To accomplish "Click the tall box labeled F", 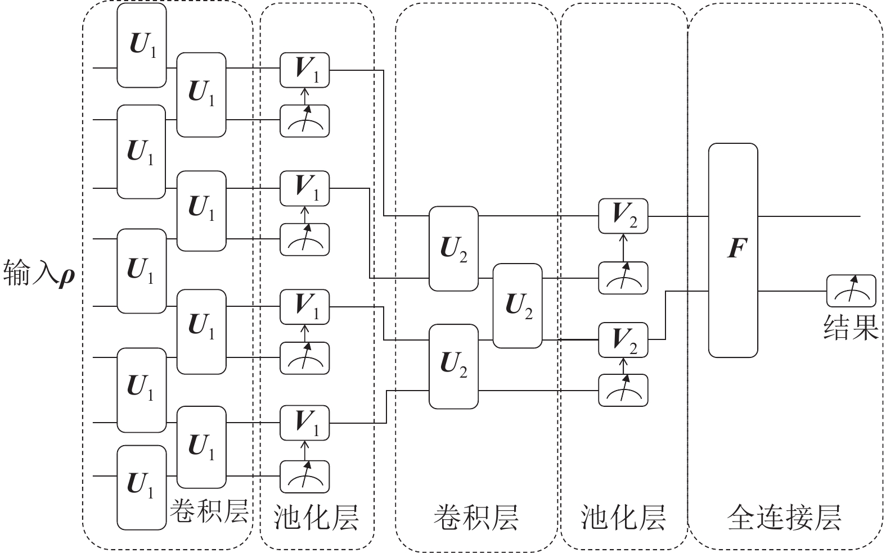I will (x=732, y=250).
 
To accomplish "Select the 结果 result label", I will (x=851, y=327).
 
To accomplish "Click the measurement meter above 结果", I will (x=851, y=291).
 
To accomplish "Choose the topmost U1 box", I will (x=142, y=46).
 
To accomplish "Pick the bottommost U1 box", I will (x=142, y=487).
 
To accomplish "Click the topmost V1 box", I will (x=304, y=70).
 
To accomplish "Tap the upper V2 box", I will (x=623, y=216).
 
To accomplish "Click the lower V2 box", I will (x=623, y=339).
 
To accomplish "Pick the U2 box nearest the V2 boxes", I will (x=518, y=306).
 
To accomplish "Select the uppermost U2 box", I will (x=453, y=248).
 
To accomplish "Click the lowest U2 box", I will (x=453, y=366).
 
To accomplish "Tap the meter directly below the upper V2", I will (x=623, y=278).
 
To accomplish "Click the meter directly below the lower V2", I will (x=623, y=390).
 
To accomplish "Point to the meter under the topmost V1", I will (x=304, y=121).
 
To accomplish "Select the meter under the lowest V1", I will (x=304, y=476).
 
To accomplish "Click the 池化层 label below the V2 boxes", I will (x=623, y=517).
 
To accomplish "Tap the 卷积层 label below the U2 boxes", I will (x=475, y=517).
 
